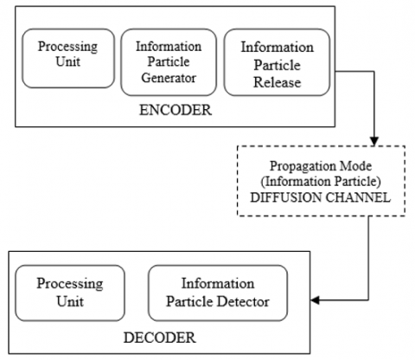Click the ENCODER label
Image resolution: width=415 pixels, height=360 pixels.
(x=176, y=110)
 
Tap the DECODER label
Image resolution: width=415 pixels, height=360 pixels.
(x=160, y=337)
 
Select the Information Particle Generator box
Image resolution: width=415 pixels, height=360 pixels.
(x=169, y=62)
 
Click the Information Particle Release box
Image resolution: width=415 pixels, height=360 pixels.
(x=277, y=62)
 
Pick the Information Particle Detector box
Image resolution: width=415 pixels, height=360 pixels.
(x=218, y=293)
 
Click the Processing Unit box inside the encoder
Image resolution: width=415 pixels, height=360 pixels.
(x=68, y=58)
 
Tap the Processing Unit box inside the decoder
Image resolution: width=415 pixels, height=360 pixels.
(x=70, y=293)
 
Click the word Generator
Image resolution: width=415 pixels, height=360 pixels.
(x=169, y=78)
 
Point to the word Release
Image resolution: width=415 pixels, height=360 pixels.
(x=278, y=83)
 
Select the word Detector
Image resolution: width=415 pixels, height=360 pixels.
(x=243, y=302)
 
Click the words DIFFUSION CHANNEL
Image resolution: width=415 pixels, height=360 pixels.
(x=321, y=197)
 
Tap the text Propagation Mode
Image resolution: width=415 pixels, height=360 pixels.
(x=321, y=166)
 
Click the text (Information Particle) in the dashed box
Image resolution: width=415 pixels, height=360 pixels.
(x=321, y=182)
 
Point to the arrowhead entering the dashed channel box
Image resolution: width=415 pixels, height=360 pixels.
(x=374, y=141)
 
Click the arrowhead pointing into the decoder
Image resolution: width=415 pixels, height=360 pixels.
(x=315, y=300)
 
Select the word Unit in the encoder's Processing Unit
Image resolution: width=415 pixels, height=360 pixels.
(x=68, y=61)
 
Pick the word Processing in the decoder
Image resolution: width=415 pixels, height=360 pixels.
(x=70, y=284)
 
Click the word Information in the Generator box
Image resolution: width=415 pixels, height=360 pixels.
(x=169, y=47)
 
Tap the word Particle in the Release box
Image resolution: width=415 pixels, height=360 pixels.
(x=278, y=65)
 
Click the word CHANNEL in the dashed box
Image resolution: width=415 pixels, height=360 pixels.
(x=358, y=197)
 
